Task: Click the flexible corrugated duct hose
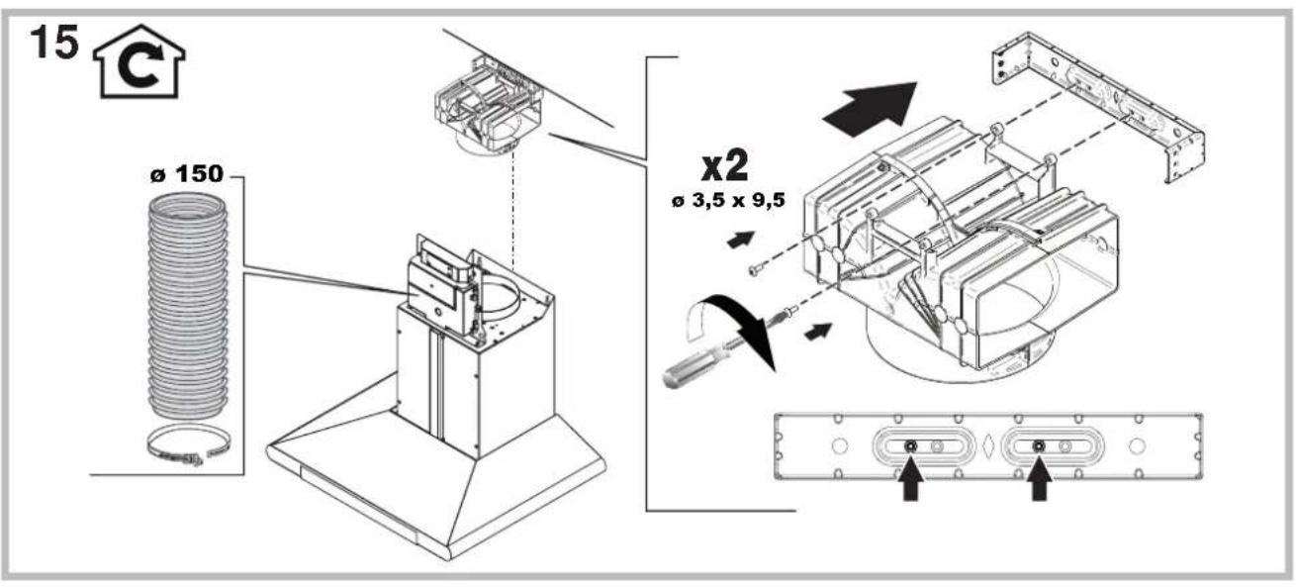tap(185, 308)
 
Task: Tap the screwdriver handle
tap(694, 363)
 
